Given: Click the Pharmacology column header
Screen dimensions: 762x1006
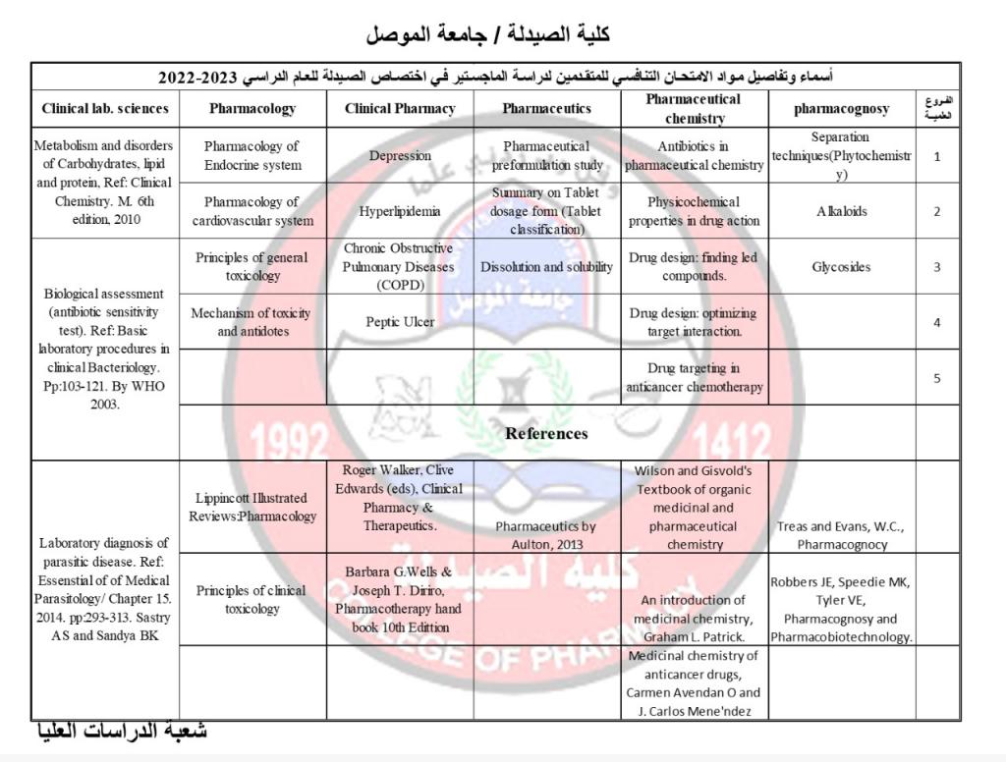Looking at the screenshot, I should (x=252, y=109).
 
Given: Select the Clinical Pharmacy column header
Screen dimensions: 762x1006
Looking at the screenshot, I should (x=400, y=109).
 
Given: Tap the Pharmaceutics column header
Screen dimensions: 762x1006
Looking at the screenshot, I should (x=546, y=109).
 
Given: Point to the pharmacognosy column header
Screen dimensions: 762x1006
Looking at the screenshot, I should (x=842, y=109).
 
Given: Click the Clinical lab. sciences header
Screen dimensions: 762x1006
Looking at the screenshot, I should (x=105, y=109).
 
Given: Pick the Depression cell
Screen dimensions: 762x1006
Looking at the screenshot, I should (x=400, y=155).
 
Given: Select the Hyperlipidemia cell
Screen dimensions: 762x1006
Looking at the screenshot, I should (x=400, y=211).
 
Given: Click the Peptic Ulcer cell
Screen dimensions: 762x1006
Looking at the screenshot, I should (x=400, y=321).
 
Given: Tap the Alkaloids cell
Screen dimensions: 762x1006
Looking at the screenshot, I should (x=842, y=211).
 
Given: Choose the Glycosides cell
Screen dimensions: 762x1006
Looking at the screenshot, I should (x=842, y=266).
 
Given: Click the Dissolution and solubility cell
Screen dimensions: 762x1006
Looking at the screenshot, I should (x=546, y=266).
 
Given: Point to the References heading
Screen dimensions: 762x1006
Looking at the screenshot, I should (x=546, y=433).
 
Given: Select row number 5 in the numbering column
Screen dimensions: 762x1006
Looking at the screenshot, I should (x=937, y=377).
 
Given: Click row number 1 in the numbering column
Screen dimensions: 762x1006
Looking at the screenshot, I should (x=937, y=155).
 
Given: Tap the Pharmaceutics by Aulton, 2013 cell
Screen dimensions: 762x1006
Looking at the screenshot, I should (x=546, y=534).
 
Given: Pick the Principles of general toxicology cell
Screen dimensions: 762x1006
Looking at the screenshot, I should (x=252, y=266).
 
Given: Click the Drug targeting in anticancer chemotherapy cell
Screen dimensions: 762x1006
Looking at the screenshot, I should (x=695, y=377).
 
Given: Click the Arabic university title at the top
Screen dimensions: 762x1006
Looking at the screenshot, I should (x=488, y=34).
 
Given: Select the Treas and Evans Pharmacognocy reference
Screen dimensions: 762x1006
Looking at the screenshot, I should (x=842, y=535).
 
